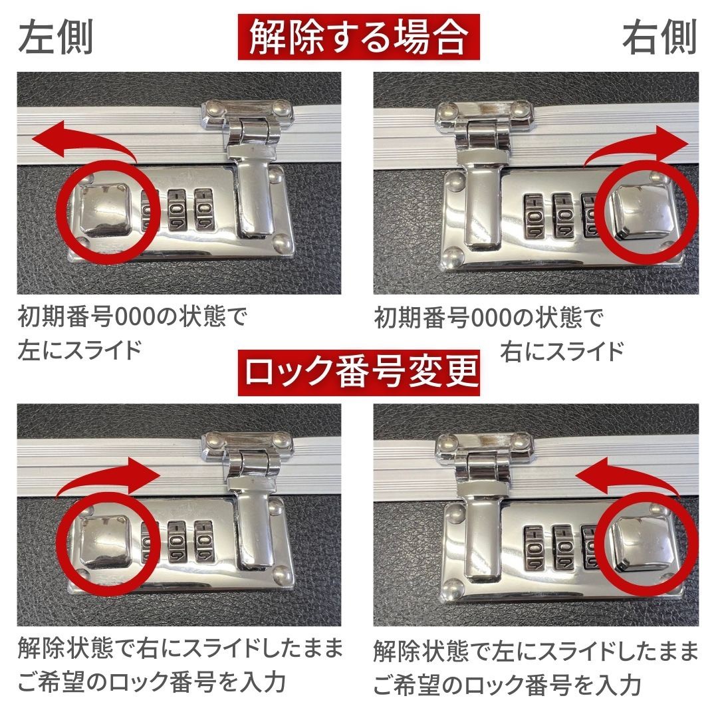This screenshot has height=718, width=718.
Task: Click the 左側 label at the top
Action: click(x=56, y=37)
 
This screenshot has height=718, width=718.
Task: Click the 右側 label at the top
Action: click(x=660, y=37)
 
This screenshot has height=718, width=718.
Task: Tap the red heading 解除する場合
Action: click(x=358, y=37)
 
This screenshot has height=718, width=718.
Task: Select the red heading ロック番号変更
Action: click(x=358, y=372)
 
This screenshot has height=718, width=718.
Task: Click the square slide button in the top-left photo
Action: click(x=105, y=208)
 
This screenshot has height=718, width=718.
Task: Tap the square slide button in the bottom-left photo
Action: click(x=105, y=540)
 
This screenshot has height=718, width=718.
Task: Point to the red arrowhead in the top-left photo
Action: click(x=46, y=139)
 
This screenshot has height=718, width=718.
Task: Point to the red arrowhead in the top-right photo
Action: click(x=672, y=143)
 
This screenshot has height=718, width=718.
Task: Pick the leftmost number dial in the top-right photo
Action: click(x=534, y=215)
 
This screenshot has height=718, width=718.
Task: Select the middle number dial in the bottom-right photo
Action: click(x=563, y=546)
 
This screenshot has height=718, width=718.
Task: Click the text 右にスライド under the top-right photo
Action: click(x=562, y=352)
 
